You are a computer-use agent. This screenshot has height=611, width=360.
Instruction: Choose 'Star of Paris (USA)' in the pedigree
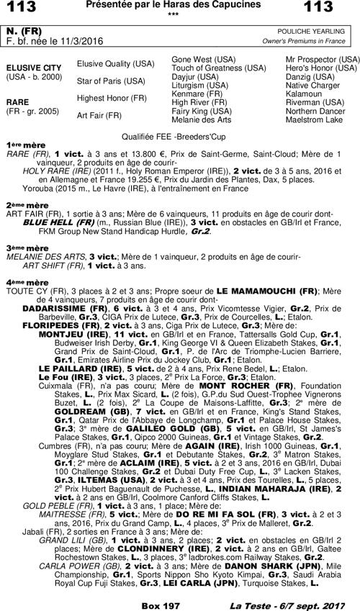point(111,81)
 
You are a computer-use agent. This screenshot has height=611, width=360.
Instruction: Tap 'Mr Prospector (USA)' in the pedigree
point(323,58)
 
